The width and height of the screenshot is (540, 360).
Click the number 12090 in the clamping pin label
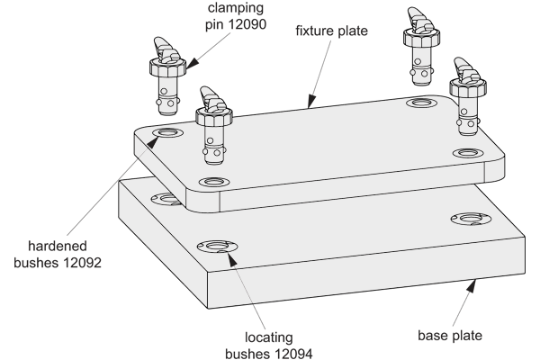click(247, 25)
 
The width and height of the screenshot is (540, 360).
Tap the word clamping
click(236, 8)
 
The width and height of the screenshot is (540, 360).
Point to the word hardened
click(58, 247)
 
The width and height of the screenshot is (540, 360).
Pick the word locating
click(268, 338)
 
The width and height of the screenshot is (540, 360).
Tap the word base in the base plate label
click(431, 336)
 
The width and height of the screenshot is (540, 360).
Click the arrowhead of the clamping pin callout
click(193, 63)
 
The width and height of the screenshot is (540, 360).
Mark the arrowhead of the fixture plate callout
click(311, 102)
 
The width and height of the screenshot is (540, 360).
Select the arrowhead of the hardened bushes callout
click(154, 141)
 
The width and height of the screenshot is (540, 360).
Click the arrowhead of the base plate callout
click(472, 286)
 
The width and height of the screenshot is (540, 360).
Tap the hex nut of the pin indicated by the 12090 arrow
click(167, 67)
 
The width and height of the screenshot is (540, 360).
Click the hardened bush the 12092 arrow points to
click(166, 132)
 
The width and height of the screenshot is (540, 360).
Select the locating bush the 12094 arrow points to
click(217, 246)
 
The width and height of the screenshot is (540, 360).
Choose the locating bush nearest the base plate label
click(471, 219)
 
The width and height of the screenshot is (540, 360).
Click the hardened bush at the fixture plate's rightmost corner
click(468, 153)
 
